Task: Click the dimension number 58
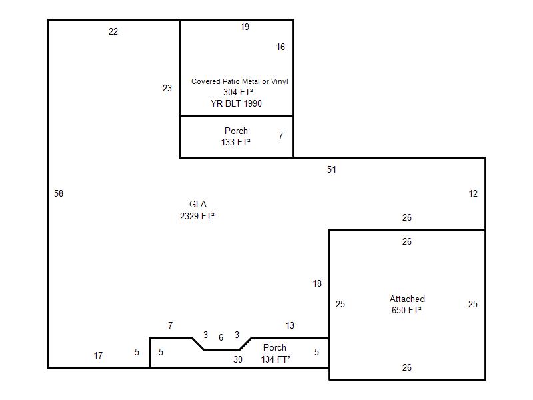pos(59,193)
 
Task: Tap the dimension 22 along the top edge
pos(113,31)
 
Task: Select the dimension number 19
pos(245,27)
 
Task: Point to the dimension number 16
pos(280,47)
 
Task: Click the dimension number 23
pos(167,88)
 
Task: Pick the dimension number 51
pos(331,169)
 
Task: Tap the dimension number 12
pos(473,193)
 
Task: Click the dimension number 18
pos(317,283)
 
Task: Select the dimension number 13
pos(290,325)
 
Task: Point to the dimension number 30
pos(238,359)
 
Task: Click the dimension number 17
pos(98,355)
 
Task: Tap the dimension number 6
pos(221,337)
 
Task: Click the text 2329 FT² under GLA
pos(197,216)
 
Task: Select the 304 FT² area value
pos(238,92)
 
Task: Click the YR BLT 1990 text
pos(236,103)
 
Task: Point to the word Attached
pos(407,299)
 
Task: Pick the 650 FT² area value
pos(406,310)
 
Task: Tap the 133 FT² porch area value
pos(236,142)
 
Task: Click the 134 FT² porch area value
pos(276,359)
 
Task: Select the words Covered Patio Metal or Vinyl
pos(240,81)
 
